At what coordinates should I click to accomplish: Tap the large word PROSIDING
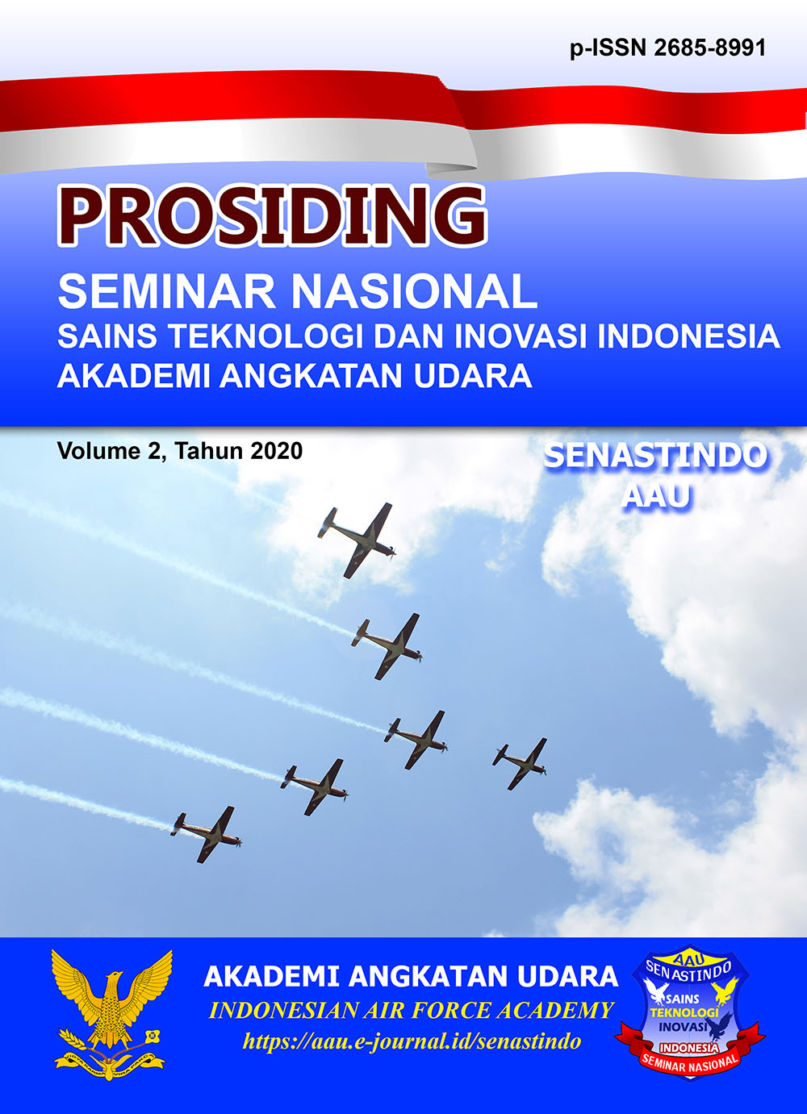272,216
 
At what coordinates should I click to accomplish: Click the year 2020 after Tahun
277,451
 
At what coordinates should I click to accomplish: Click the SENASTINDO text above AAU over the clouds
655,456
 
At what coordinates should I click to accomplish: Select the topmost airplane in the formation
357,540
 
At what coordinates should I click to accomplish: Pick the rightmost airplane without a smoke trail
520,763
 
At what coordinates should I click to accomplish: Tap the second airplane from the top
387,646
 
